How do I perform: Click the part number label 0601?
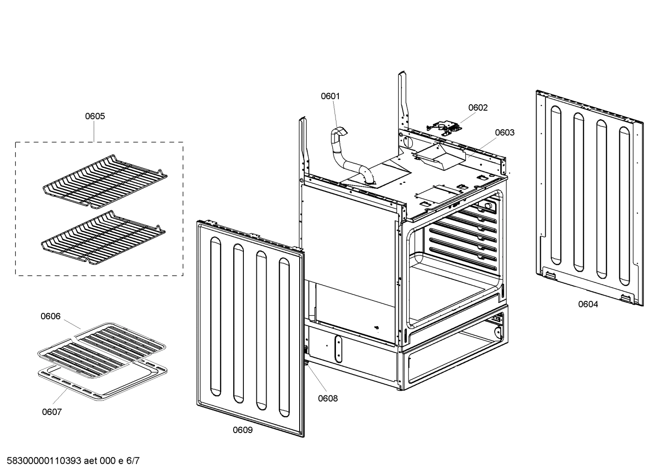click(x=330, y=96)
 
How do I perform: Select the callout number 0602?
click(x=477, y=108)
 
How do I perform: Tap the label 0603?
click(x=504, y=133)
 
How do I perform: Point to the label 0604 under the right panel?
click(x=588, y=304)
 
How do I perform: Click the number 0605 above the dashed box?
click(x=94, y=116)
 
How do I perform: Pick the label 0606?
click(x=50, y=316)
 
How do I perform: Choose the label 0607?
click(x=52, y=412)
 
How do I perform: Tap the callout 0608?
click(x=328, y=398)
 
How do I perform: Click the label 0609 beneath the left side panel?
click(x=242, y=430)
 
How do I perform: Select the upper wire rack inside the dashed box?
click(x=105, y=179)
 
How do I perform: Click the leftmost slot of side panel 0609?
click(x=215, y=316)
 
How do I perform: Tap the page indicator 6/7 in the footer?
click(x=133, y=461)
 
